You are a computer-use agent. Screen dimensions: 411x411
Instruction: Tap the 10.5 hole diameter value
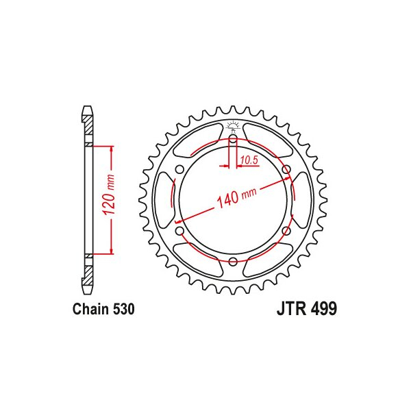tap(248, 161)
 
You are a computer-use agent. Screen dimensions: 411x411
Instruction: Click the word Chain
tap(90, 310)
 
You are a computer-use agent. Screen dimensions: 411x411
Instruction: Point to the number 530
tap(122, 310)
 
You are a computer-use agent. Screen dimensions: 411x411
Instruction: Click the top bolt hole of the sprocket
tap(233, 140)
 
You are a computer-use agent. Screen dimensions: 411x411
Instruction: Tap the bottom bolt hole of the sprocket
tap(233, 262)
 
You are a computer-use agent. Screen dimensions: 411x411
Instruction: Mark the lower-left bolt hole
tap(180, 232)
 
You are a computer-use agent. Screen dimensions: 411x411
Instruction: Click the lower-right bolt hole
tap(286, 232)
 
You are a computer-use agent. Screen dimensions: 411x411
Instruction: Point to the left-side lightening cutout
tap(164, 201)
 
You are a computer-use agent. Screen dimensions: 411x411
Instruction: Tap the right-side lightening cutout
tap(302, 201)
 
